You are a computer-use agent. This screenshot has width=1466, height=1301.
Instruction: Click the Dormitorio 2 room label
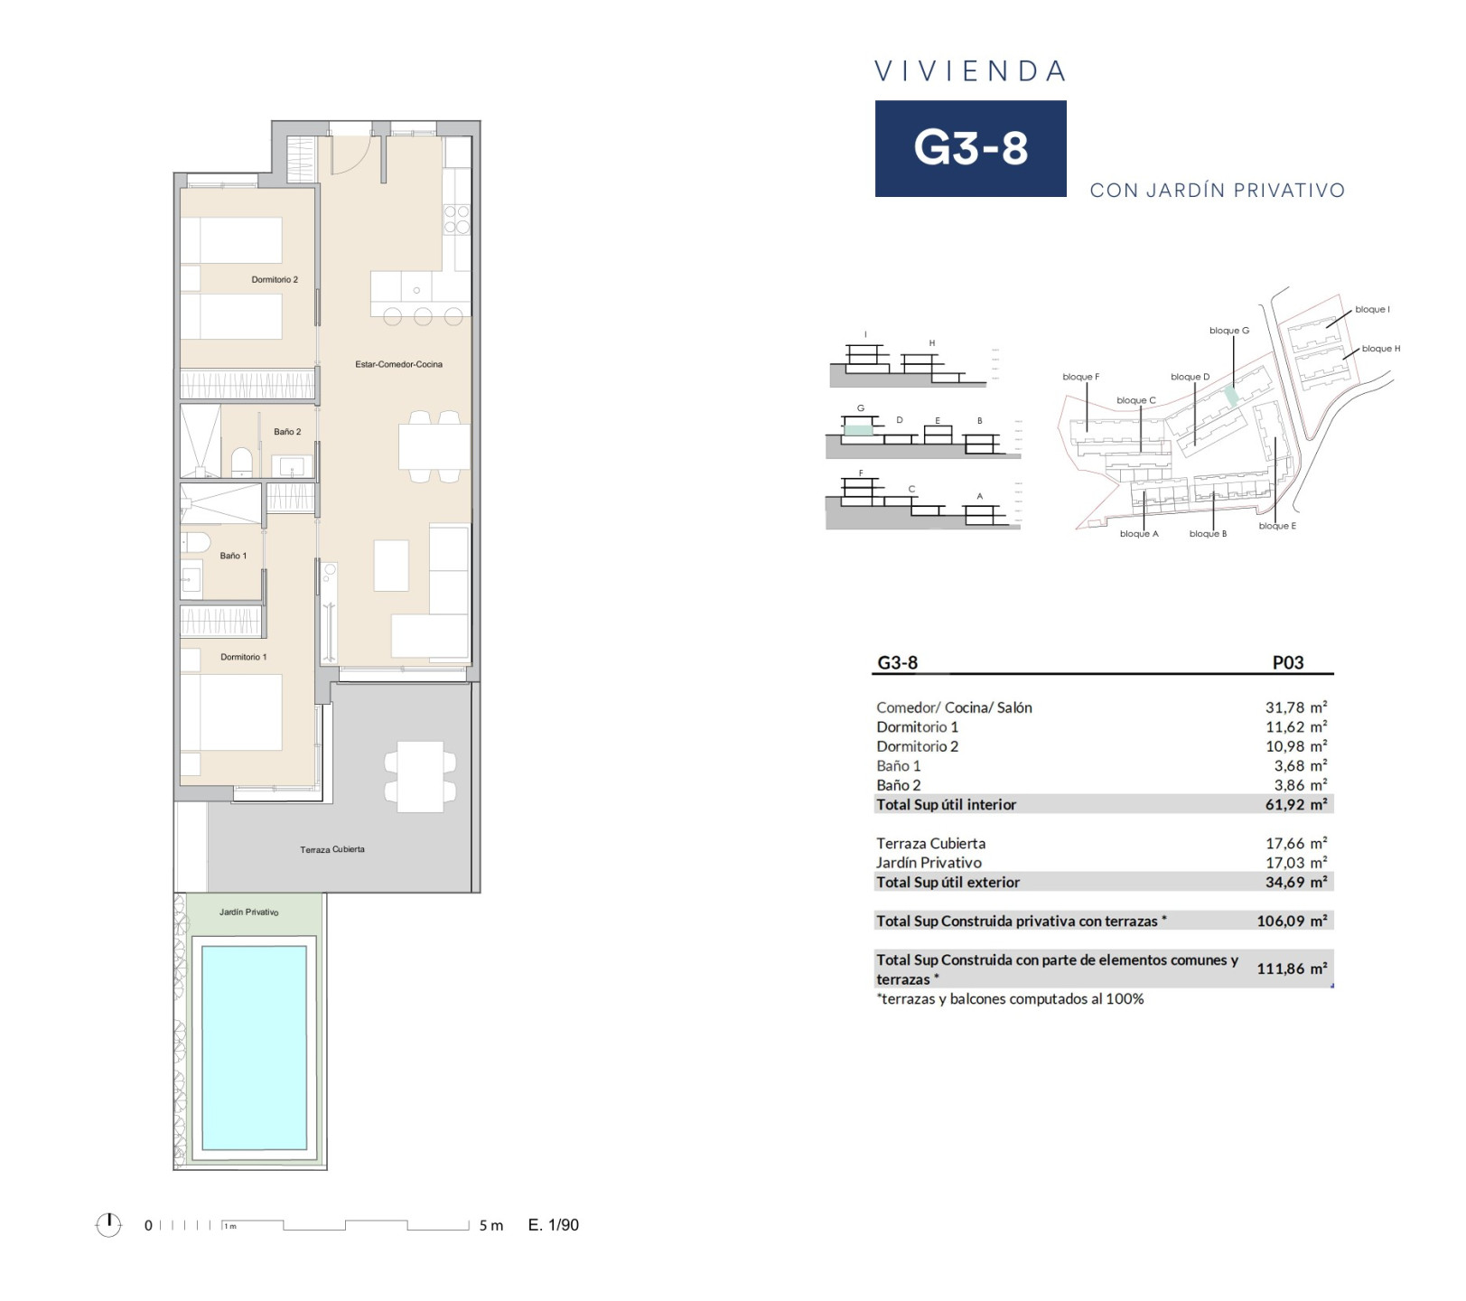(275, 280)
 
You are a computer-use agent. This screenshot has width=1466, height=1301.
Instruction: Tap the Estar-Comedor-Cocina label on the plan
(399, 365)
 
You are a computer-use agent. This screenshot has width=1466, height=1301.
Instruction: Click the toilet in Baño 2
(242, 462)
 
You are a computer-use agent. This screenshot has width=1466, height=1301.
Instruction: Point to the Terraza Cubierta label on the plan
(332, 850)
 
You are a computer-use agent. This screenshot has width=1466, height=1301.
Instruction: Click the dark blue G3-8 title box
(971, 148)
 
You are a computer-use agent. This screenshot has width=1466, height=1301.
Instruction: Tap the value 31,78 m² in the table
(1296, 707)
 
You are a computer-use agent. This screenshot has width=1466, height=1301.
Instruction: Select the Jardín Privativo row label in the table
(929, 863)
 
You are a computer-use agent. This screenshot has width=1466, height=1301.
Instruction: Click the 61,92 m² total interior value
(1296, 804)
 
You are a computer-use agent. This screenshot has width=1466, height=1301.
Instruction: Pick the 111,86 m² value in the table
(1293, 969)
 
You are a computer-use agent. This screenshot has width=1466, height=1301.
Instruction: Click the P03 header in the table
(1288, 662)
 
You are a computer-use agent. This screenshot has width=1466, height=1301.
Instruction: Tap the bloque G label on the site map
(1229, 331)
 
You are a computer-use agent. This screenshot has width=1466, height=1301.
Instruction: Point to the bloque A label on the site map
(1139, 534)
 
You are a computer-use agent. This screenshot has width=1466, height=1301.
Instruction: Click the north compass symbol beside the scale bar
(108, 1225)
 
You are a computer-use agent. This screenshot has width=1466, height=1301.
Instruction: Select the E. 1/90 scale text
(554, 1225)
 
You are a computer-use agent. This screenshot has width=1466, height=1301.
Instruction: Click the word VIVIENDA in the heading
(971, 71)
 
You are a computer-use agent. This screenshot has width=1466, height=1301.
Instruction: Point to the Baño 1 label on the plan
(233, 557)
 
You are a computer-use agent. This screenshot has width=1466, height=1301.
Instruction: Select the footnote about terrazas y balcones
(1010, 999)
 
